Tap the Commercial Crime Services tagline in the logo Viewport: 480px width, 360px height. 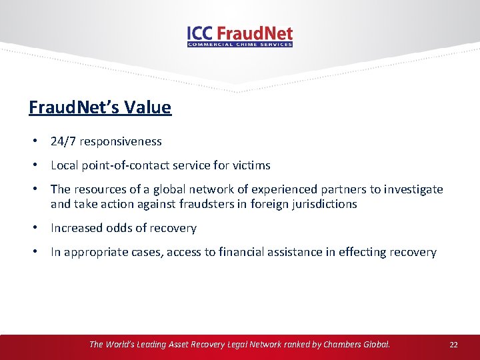coord(240,45)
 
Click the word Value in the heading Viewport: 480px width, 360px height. coord(151,107)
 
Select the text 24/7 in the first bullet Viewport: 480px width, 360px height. coord(61,141)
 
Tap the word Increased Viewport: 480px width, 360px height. coord(76,228)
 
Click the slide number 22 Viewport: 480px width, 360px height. coord(454,345)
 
